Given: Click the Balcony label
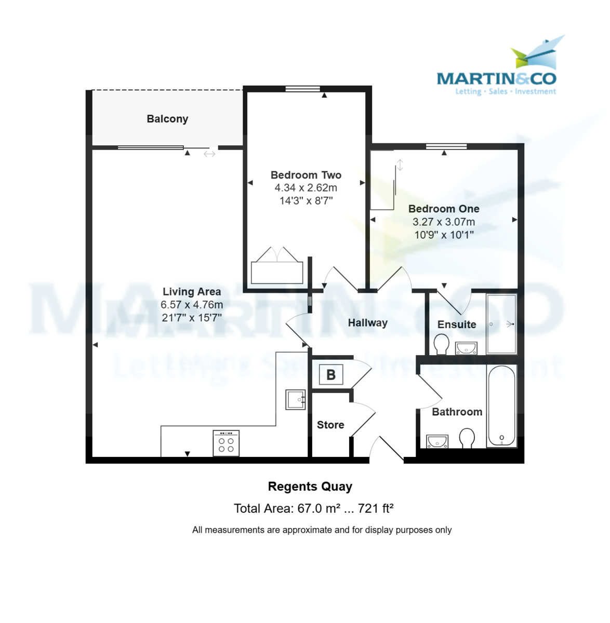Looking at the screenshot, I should click(x=167, y=119).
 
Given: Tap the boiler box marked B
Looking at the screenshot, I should click(x=331, y=374).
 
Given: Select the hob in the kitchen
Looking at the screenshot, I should click(x=226, y=443).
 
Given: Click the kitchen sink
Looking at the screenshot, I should click(x=295, y=399).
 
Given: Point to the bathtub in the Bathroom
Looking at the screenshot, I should click(x=501, y=406).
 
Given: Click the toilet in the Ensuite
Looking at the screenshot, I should click(x=441, y=344).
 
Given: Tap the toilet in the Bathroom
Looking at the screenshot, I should click(x=467, y=437).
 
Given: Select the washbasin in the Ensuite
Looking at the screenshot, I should click(x=466, y=347).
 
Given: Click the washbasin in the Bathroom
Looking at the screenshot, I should click(x=437, y=441).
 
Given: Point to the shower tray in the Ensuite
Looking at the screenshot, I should click(x=501, y=324).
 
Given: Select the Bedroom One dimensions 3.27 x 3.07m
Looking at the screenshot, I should click(x=444, y=222).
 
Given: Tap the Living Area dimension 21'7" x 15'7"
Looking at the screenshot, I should click(x=192, y=318).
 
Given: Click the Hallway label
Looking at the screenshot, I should click(x=367, y=323).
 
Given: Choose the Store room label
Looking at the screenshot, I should click(x=330, y=425).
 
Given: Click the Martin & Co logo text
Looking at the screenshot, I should click(x=496, y=78).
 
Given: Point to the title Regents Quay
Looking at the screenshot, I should click(x=310, y=486).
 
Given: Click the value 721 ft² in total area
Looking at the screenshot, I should click(x=376, y=508).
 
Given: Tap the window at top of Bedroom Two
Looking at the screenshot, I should click(x=302, y=89).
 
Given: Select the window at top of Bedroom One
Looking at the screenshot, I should click(x=446, y=146).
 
